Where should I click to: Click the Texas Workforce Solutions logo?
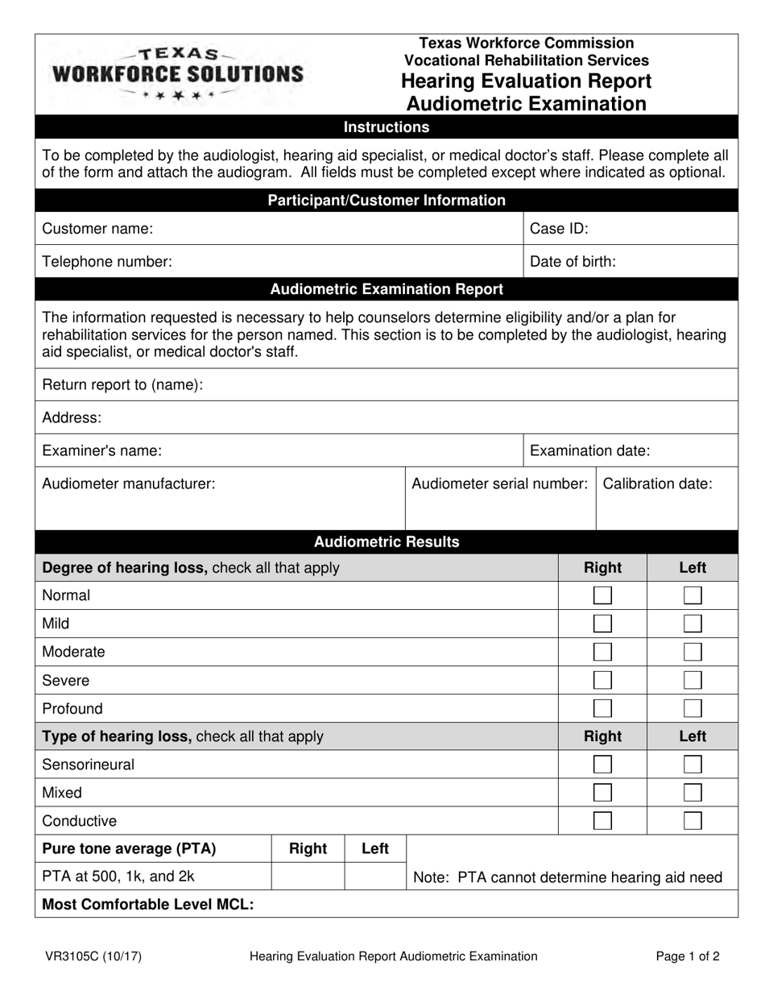coord(178,73)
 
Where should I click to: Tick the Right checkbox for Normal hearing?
coord(602,596)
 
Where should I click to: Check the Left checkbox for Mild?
coord(693,624)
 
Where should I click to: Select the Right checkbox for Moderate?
coord(602,652)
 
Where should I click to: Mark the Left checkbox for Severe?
coord(693,681)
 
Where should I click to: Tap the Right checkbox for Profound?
coord(602,709)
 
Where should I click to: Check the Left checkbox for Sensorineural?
coord(693,765)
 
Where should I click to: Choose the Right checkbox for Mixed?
coord(602,793)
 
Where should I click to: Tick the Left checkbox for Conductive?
coord(693,821)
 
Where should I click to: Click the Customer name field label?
coord(97,229)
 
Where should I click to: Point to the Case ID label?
coord(558,229)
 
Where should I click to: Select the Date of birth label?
coord(573,262)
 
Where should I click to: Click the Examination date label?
coord(589,451)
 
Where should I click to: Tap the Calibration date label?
coord(657,484)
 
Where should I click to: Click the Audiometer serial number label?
coord(499,484)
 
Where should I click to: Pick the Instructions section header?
coord(387,127)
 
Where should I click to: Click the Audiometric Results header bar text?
coord(387,542)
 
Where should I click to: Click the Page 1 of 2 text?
coord(688,956)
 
